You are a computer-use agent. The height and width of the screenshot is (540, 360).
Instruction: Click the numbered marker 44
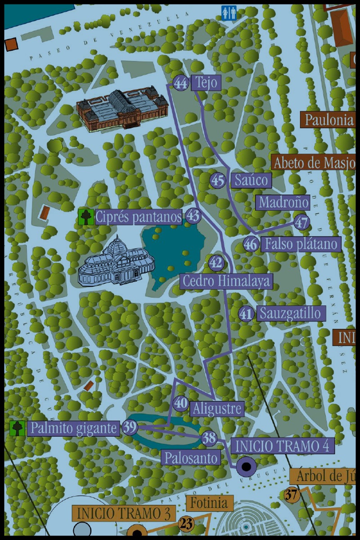coord(181,84)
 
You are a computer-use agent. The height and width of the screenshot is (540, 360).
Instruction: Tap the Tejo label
coord(207,83)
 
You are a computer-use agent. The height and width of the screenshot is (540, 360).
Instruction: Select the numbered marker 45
coord(218,180)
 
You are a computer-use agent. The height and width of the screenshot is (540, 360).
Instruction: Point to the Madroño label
coord(283,202)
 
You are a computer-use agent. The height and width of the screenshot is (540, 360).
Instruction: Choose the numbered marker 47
coord(302,222)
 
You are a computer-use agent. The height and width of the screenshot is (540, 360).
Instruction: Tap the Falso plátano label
coord(301,244)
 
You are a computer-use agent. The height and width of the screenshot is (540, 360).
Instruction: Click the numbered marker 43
coord(193,216)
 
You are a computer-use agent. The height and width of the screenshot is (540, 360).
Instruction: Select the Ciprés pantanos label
coord(139,217)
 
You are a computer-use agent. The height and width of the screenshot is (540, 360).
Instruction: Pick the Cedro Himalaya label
coord(226,281)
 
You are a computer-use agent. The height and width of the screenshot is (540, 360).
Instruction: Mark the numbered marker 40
coord(181,403)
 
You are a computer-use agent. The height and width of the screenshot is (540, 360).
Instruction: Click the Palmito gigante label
coord(73,427)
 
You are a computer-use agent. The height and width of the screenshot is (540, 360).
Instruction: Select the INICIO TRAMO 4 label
coord(283,445)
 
